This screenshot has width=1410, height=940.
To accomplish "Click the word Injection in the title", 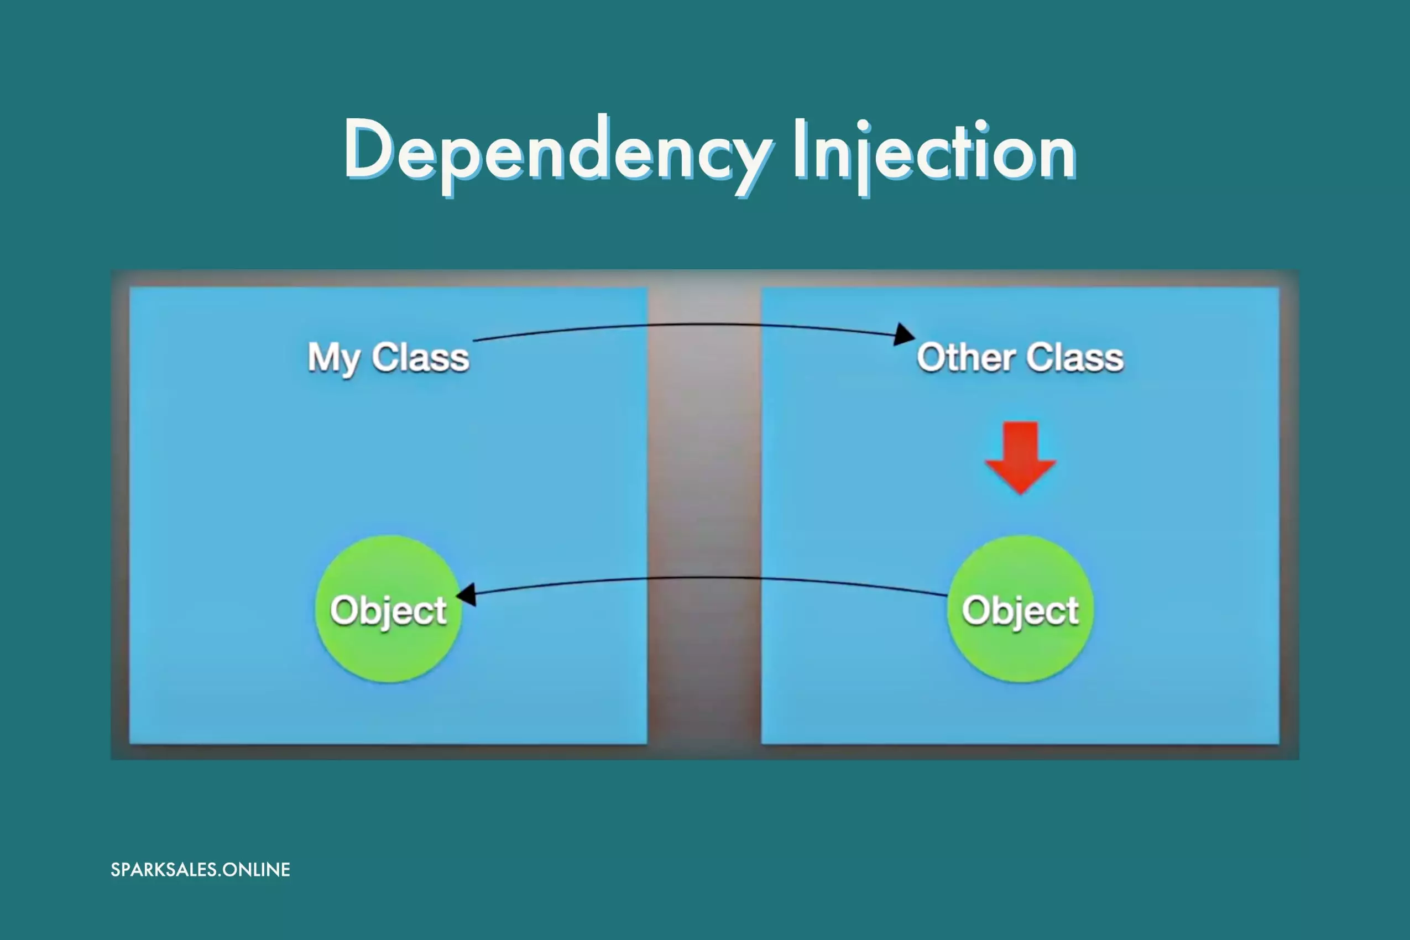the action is [x=935, y=155].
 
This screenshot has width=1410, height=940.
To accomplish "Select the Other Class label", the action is [x=1020, y=358].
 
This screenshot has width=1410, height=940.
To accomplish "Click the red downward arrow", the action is [x=1020, y=458].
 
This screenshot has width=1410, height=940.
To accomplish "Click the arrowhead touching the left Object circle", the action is [x=466, y=595].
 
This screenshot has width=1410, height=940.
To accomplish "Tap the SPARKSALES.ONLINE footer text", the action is [x=200, y=870].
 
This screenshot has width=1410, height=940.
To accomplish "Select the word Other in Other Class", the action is [x=966, y=358].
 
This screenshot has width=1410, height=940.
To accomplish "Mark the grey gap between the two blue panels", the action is [x=704, y=515].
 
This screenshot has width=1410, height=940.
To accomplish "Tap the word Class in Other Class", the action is [x=1075, y=358].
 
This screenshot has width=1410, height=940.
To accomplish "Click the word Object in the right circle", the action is [x=1020, y=611].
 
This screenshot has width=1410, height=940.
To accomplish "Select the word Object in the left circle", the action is [x=389, y=611].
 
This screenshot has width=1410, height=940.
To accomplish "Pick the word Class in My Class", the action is [x=420, y=358].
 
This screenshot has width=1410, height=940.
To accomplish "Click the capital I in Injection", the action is [x=799, y=148].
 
